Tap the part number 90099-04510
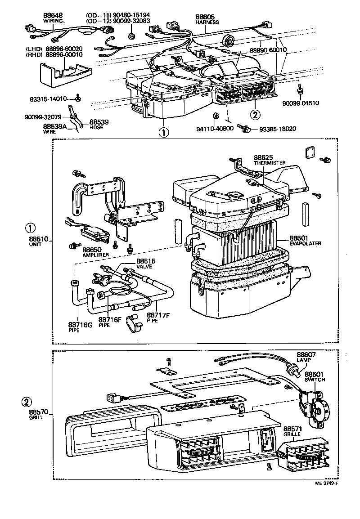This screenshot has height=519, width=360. (301, 103)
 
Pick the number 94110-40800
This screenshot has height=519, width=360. (215, 129)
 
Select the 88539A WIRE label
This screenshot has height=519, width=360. (55, 129)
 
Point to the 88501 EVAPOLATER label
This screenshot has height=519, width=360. (305, 240)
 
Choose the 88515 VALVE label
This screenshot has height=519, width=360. (144, 264)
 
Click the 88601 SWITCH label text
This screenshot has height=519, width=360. (315, 376)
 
